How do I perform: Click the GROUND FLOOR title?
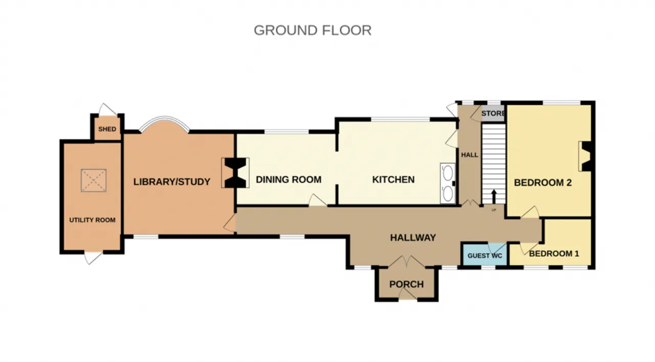point(313,30)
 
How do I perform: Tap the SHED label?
point(107,129)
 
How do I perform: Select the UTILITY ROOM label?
point(92,220)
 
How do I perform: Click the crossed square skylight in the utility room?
point(94,180)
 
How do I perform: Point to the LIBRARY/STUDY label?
point(171,182)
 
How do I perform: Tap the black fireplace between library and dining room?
point(235,173)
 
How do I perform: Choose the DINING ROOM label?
point(289,179)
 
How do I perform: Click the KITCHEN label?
point(394,179)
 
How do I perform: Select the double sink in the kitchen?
point(448,183)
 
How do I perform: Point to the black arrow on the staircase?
point(494,196)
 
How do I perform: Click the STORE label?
point(493,113)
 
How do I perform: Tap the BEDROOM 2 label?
point(543,183)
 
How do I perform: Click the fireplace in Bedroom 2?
point(585,156)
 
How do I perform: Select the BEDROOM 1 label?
point(554,254)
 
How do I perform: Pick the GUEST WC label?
point(485,256)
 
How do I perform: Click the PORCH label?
point(406,285)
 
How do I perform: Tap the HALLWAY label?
point(413,237)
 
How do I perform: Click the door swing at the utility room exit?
point(93,258)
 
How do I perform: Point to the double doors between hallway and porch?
point(406,262)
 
